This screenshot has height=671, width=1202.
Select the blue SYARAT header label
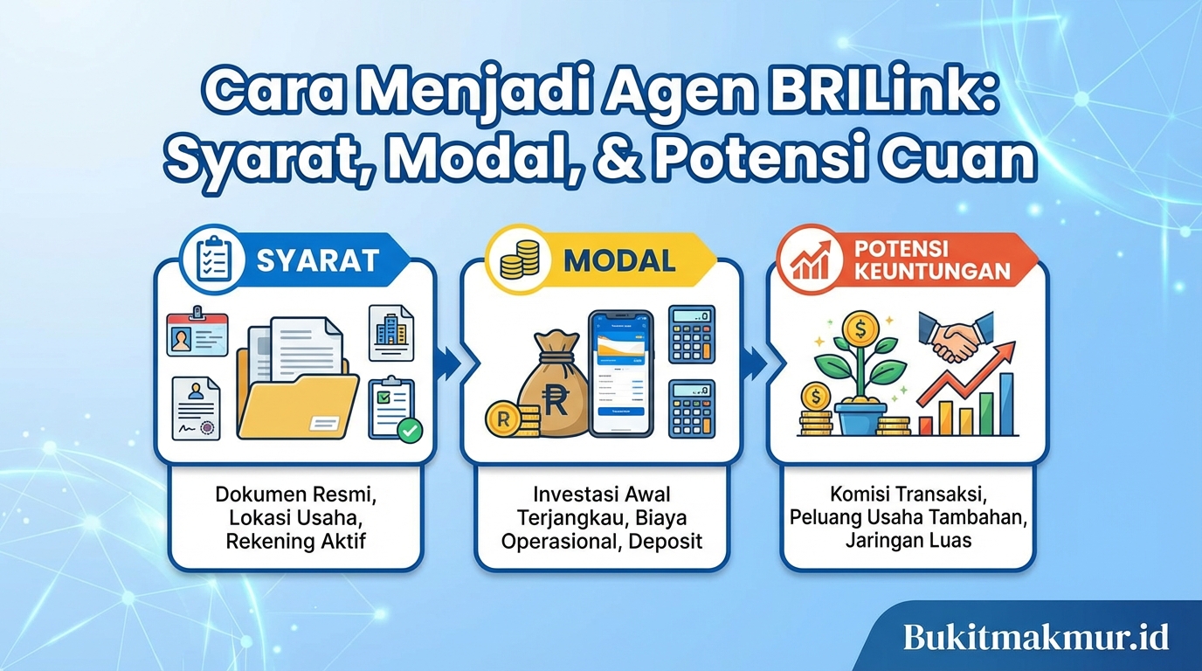[x=317, y=259]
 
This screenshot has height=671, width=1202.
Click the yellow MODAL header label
[x=619, y=259]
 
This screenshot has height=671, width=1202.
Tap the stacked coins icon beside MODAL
[x=518, y=259]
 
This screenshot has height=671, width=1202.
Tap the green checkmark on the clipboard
[x=409, y=429]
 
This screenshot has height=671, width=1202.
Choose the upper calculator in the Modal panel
[x=691, y=334]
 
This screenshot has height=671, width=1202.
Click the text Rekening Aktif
[x=295, y=541]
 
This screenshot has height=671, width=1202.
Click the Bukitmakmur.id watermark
[x=1036, y=636]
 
